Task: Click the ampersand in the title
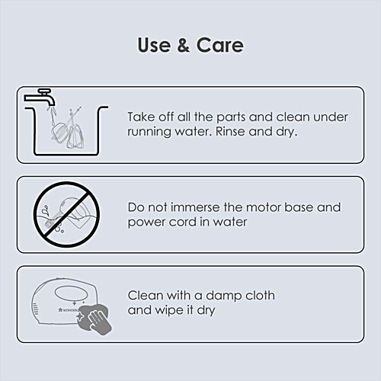(184, 45)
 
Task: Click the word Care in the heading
(220, 45)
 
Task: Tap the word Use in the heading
(154, 45)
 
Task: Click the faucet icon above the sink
(40, 98)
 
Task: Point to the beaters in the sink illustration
(68, 128)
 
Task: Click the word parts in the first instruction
(231, 117)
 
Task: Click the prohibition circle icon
(66, 215)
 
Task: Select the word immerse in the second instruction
(195, 207)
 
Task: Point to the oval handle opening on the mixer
(72, 293)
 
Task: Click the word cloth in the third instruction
(260, 295)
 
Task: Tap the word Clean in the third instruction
(145, 296)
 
